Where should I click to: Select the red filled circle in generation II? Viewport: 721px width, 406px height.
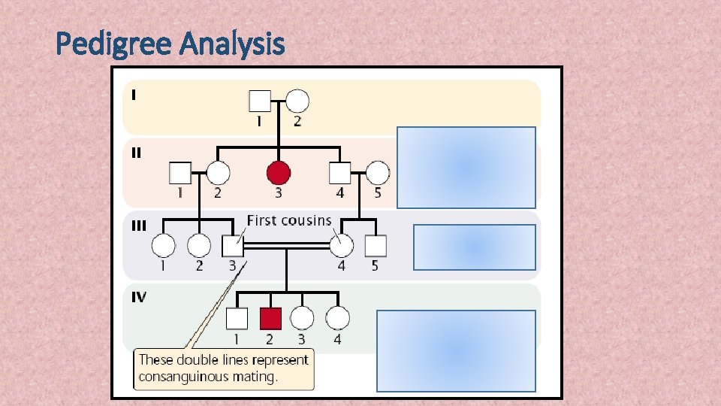279,174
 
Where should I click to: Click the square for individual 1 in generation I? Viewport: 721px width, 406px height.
259,101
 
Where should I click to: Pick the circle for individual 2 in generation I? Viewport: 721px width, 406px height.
297,101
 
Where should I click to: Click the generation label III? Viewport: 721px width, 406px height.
139,226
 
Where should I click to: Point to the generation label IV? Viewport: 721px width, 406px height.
139,297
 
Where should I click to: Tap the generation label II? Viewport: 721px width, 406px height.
136,153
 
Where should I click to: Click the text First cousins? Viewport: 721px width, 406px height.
289,220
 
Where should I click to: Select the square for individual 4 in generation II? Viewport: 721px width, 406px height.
339,174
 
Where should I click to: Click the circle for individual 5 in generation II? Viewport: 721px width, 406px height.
378,174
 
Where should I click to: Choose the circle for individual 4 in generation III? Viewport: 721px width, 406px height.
341,245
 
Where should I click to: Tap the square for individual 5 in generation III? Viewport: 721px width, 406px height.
375,245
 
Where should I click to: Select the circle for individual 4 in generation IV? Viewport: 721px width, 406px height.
337,319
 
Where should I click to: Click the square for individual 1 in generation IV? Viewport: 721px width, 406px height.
237,319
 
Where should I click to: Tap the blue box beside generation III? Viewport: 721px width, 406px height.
474,247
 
